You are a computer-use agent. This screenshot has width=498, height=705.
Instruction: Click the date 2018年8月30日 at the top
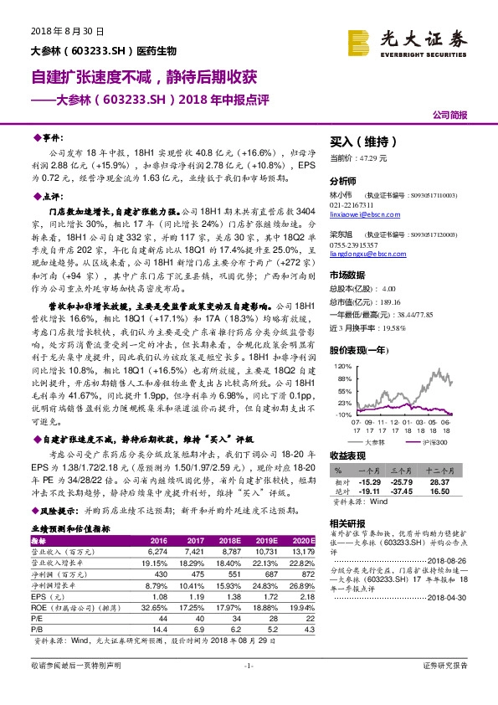pos(67,31)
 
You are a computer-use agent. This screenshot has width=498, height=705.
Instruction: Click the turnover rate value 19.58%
pos(404,327)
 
